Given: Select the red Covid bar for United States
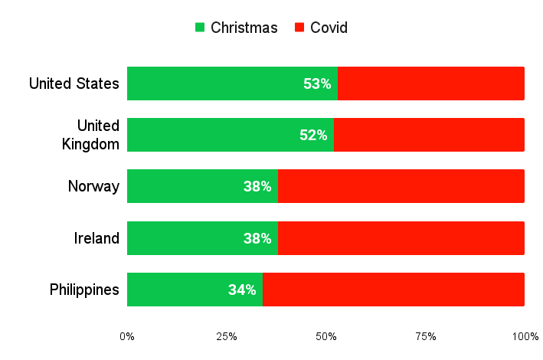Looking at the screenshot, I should click(x=430, y=83).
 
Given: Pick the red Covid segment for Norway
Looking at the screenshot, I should click(x=401, y=186).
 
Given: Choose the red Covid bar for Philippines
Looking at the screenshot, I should click(x=393, y=290).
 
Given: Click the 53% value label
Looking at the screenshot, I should click(x=317, y=83).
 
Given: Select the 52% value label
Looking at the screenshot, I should click(x=313, y=135).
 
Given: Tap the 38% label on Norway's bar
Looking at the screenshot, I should click(x=257, y=186).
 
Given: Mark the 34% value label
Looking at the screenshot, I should click(x=242, y=290).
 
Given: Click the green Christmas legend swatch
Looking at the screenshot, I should click(x=200, y=28).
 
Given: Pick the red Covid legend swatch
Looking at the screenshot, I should click(x=299, y=28).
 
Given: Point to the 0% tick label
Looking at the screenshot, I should click(x=127, y=336).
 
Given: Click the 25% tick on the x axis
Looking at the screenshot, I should click(x=227, y=336).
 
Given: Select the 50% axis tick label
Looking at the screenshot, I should click(x=326, y=336).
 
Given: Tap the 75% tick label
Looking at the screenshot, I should click(x=426, y=336).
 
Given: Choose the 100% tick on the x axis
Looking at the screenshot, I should click(x=525, y=336).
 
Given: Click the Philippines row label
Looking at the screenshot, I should click(x=84, y=290).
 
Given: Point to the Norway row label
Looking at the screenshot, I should click(x=93, y=186).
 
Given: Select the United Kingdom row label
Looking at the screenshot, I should click(x=90, y=135).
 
